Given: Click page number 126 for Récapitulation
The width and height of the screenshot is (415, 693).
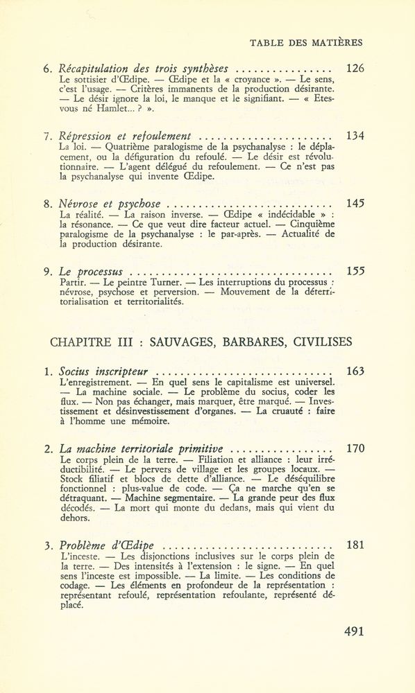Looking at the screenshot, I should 355,69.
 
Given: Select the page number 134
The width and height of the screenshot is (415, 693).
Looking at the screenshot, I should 355,136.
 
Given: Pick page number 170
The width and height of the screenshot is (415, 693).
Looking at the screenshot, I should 355,448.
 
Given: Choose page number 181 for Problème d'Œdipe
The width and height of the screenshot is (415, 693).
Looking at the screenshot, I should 355,544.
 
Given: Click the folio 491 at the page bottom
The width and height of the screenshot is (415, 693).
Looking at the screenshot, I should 354,631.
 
